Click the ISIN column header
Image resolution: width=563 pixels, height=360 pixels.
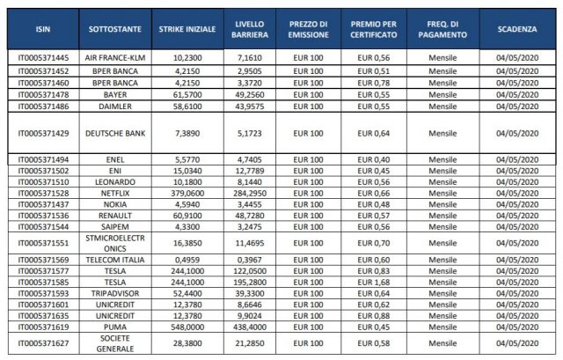click(43, 29)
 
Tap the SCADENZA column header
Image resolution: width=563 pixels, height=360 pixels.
click(517, 29)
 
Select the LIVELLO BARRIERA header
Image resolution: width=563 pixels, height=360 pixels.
click(250, 29)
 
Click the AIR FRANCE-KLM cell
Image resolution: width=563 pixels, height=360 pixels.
click(115, 58)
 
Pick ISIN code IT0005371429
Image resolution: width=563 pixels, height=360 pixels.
click(43, 133)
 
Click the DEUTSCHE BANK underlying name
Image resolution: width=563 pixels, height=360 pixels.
click(115, 133)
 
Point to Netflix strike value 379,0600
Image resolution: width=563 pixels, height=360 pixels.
click(187, 194)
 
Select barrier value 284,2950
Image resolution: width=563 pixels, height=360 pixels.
click(250, 194)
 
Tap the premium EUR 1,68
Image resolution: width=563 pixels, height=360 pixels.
click(373, 282)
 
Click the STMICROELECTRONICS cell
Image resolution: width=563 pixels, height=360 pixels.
click(115, 243)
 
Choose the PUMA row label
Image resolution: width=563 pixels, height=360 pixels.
click(115, 327)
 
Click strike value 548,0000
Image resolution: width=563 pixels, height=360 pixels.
click(187, 327)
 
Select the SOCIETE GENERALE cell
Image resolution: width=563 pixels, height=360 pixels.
click(115, 343)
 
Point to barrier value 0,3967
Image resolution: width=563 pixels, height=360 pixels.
click(250, 260)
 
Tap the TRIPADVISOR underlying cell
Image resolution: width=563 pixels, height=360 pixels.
click(115, 293)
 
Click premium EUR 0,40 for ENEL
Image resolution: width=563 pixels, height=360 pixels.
click(373, 159)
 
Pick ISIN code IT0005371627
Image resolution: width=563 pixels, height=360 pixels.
click(43, 343)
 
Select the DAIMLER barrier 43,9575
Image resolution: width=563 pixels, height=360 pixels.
click(250, 107)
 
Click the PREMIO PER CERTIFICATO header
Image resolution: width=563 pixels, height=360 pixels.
click(374, 29)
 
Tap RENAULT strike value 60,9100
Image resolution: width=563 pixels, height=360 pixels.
click(187, 216)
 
